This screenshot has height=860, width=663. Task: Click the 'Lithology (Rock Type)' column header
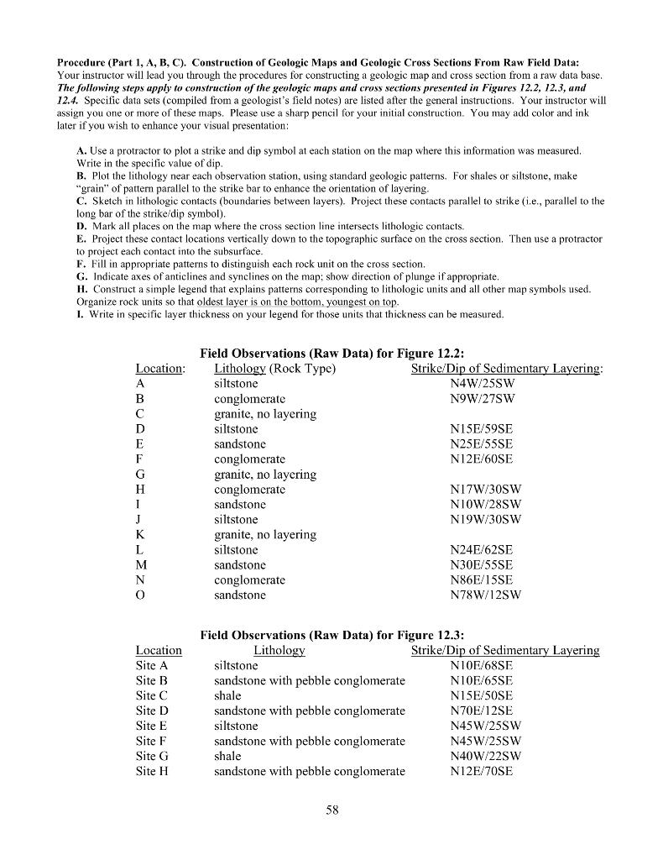275,368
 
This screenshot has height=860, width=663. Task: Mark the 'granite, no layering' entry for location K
265,534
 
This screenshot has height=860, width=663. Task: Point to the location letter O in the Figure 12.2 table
140,595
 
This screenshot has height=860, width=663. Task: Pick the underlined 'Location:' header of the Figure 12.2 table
159,368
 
